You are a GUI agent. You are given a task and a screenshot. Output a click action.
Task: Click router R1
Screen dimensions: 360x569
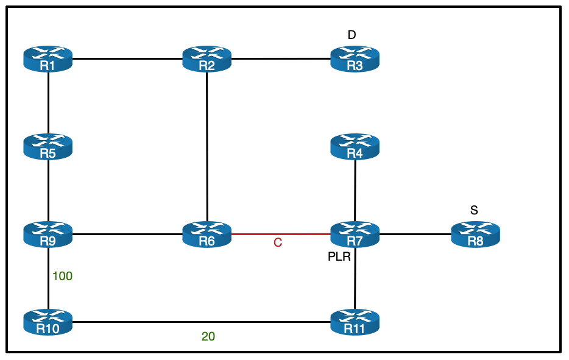click(48, 59)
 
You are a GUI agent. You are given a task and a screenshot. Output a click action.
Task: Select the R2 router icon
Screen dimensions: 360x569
click(207, 59)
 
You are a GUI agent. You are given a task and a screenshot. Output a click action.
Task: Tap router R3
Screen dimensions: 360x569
click(355, 59)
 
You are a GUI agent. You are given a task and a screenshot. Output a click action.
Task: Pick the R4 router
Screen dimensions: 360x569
click(355, 147)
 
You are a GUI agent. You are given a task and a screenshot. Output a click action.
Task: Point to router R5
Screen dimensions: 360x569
click(48, 147)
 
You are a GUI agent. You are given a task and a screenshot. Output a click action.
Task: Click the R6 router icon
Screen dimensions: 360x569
click(207, 234)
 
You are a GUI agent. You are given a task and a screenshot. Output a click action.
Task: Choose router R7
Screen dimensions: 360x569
click(355, 234)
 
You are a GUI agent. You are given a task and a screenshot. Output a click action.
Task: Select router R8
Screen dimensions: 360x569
click(475, 234)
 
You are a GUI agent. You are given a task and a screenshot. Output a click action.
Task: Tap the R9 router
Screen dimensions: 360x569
click(48, 234)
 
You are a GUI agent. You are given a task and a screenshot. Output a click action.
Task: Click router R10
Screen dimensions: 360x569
click(48, 322)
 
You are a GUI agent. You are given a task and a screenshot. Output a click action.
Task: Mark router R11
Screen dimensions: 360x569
click(355, 322)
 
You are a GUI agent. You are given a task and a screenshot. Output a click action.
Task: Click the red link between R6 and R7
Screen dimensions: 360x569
click(281, 233)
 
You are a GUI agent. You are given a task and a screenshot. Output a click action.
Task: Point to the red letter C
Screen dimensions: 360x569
click(278, 243)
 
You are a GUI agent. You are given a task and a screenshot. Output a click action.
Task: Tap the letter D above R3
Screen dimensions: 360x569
click(352, 35)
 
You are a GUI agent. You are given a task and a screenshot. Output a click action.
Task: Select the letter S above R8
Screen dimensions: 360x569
click(474, 211)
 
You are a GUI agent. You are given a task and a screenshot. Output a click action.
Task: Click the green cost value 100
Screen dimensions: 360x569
click(62, 277)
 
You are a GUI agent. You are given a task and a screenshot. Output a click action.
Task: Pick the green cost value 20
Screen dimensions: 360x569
click(208, 336)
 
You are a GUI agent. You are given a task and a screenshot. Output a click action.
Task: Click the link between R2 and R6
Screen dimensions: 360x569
click(207, 146)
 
